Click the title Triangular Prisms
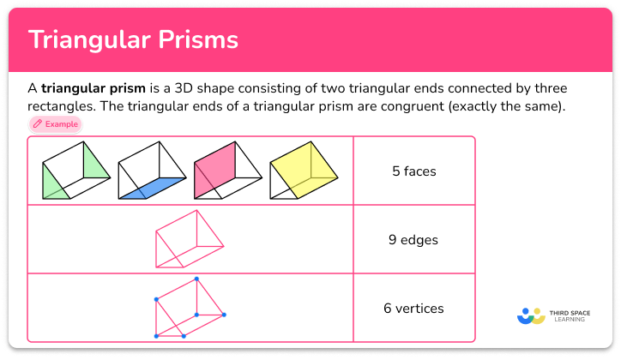[133, 39]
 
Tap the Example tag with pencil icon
[56, 124]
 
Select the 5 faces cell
[413, 171]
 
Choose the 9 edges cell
[413, 239]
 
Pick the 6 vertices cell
[413, 308]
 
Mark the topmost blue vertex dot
[196, 279]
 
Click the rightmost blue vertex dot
[225, 315]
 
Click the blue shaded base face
[154, 188]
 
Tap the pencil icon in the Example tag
[37, 124]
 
